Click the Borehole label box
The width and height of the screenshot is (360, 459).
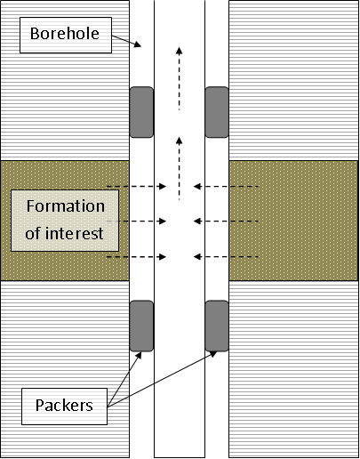pos(66,35)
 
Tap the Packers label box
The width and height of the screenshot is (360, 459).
pos(64,407)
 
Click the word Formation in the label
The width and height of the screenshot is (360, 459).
pos(66,206)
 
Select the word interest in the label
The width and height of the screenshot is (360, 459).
pos(75,233)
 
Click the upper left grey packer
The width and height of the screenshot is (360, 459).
pos(141,112)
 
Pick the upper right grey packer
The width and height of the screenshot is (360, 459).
pos(217,112)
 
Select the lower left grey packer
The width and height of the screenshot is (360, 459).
pos(141,326)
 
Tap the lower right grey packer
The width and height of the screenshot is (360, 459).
pos(217,326)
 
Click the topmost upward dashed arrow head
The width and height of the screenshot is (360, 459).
pos(179,51)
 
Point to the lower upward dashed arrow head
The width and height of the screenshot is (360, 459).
pos(179,141)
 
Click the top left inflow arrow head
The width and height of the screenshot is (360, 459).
pos(163,186)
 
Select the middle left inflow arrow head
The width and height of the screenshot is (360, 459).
pos(163,221)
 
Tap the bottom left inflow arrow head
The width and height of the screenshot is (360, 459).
pos(163,256)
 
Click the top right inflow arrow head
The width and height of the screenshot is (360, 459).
pos(197,186)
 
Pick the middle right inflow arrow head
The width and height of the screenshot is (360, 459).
pos(197,221)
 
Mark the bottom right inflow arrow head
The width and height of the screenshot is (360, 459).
pos(197,256)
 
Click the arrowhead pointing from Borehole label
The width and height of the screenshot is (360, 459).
pos(137,44)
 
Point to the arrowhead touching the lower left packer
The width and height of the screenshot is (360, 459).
pos(139,356)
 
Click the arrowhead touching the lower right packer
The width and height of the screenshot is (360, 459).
pos(213,354)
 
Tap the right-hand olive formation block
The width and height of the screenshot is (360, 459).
pos(293,221)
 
